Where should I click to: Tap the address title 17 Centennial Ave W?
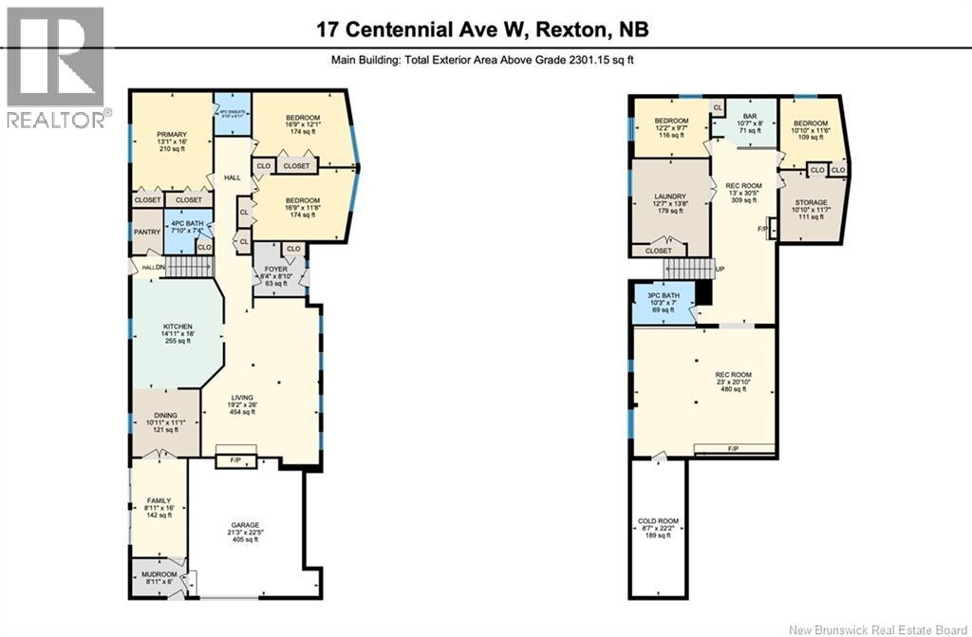pos(484,28)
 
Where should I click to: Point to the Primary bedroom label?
pos(172,135)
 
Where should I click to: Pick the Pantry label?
pos(147,232)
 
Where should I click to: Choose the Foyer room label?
pos(274,270)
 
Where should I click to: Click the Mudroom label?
pos(159,574)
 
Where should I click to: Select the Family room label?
pos(159,500)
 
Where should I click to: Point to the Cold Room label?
pos(657,520)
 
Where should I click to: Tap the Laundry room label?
pos(670,196)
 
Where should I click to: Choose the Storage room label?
pos(810,202)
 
